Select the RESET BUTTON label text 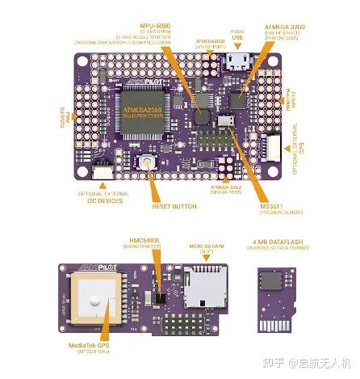pyautogui.click(x=174, y=206)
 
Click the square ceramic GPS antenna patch pyautogui.click(x=96, y=296)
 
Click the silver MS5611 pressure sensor pyautogui.click(x=227, y=122)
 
